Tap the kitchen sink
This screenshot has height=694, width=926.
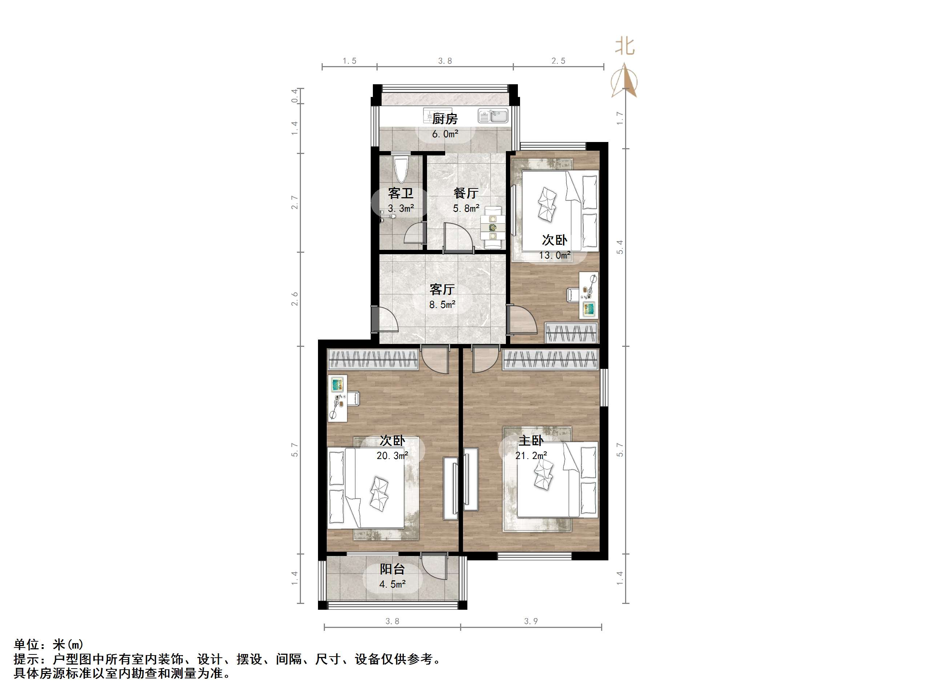[x=493, y=116]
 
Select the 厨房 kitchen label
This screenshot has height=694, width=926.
[x=444, y=119]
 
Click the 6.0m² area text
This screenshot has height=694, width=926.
[x=445, y=134]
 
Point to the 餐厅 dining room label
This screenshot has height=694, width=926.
[x=466, y=193]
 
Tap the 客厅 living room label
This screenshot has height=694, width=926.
[x=442, y=289]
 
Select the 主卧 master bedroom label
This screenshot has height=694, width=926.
[x=531, y=441]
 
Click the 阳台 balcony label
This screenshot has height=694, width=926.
[x=392, y=569]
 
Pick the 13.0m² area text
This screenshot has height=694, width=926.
[x=555, y=255]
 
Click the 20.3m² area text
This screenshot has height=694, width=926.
[x=392, y=455]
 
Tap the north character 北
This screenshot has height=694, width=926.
[x=625, y=46]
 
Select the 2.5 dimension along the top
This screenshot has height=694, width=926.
[x=558, y=61]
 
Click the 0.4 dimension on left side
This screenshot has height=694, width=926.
[x=295, y=96]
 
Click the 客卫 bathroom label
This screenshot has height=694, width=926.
[x=400, y=193]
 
